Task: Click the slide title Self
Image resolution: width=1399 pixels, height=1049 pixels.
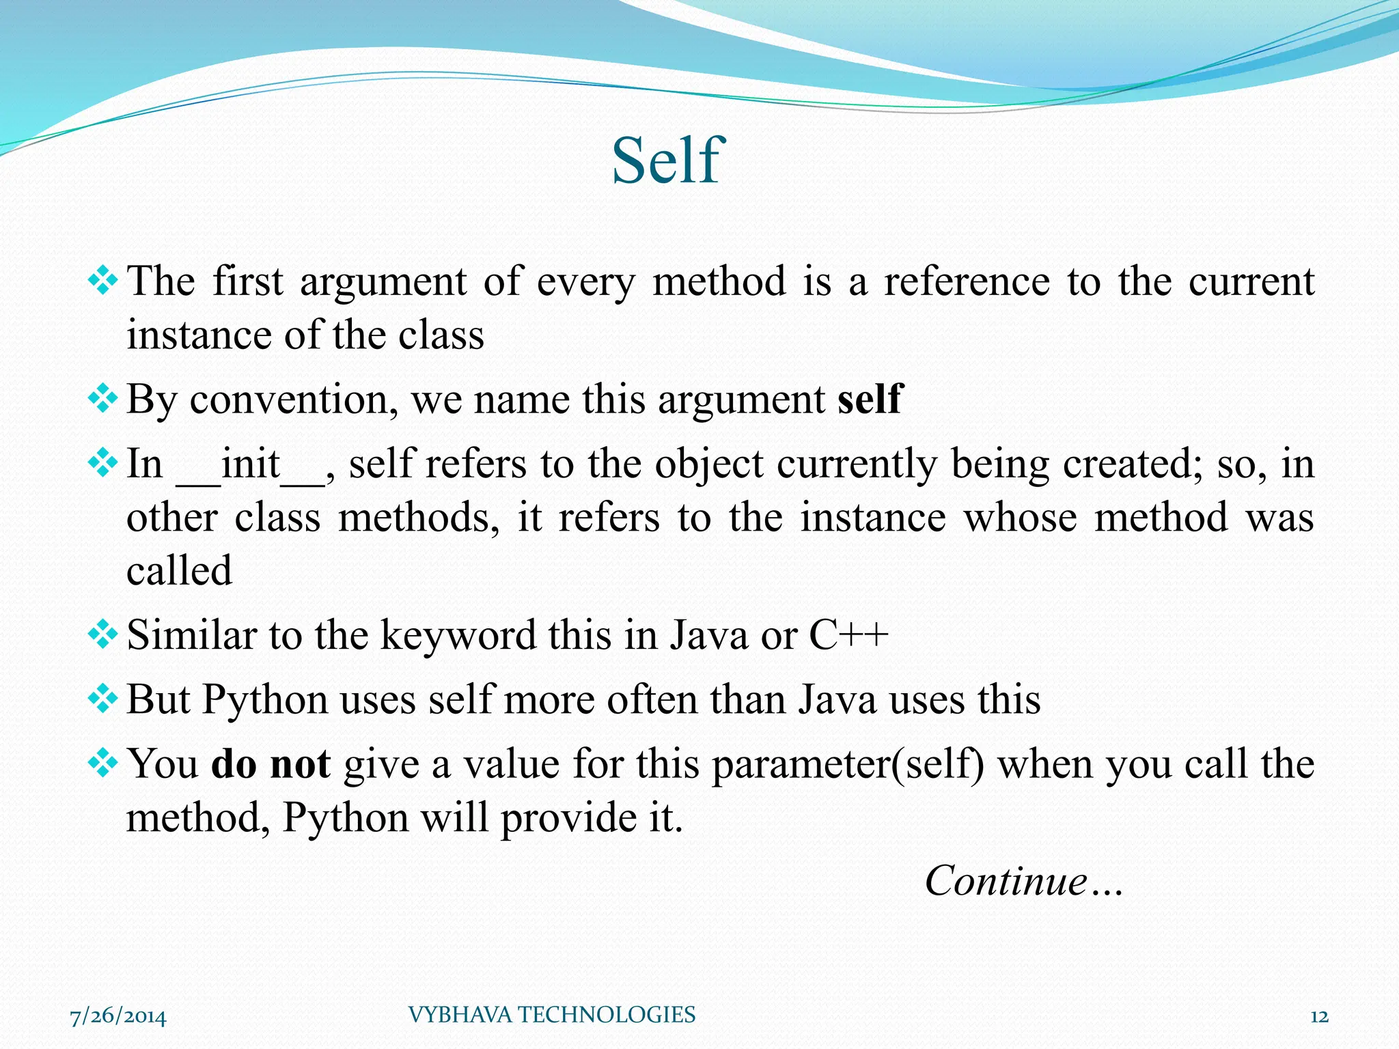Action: (x=665, y=161)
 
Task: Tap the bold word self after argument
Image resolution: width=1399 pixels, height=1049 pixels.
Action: (x=870, y=399)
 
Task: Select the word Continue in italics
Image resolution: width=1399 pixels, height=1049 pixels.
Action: (x=1006, y=880)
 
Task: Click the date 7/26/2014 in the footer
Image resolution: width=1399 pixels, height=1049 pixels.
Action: (x=118, y=1016)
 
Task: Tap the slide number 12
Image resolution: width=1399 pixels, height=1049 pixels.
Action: (x=1319, y=1016)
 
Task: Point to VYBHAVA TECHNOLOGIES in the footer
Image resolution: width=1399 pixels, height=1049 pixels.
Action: (x=551, y=1015)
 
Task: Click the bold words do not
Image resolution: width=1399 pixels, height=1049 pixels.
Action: (x=271, y=764)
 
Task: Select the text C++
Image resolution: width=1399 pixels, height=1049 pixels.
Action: (x=848, y=634)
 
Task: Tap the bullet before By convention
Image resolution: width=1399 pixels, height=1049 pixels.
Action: (x=103, y=398)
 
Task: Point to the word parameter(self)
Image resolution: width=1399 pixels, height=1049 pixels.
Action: (x=848, y=765)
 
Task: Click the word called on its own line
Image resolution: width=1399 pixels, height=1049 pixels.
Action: (x=179, y=571)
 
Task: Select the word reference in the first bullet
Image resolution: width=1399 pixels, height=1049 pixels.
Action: (x=967, y=281)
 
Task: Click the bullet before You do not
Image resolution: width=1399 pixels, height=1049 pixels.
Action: (x=103, y=763)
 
